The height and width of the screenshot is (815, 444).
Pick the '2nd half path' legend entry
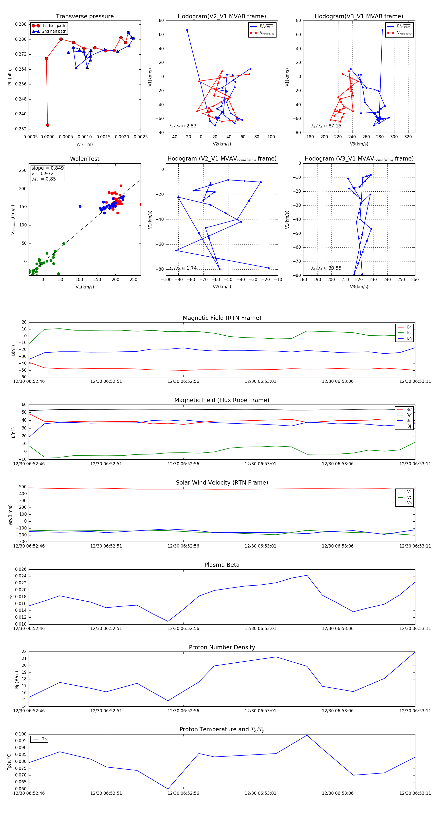(54, 31)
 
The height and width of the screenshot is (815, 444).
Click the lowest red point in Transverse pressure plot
(48, 125)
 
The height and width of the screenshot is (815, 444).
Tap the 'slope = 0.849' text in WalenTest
(47, 168)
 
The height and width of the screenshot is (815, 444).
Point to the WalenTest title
(85, 159)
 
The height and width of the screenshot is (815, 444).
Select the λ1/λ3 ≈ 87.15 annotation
(326, 126)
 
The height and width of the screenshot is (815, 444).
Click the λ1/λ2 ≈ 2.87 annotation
(183, 126)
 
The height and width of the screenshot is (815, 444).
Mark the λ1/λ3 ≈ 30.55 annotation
(326, 268)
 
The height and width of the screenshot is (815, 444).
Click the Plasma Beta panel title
(222, 565)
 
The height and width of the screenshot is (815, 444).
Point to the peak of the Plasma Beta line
(307, 575)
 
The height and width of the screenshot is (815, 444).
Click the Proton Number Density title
(222, 647)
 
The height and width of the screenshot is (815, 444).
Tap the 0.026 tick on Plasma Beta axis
(21, 570)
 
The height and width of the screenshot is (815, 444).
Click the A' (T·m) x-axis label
(85, 144)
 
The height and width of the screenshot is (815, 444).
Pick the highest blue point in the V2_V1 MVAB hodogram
(187, 30)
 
